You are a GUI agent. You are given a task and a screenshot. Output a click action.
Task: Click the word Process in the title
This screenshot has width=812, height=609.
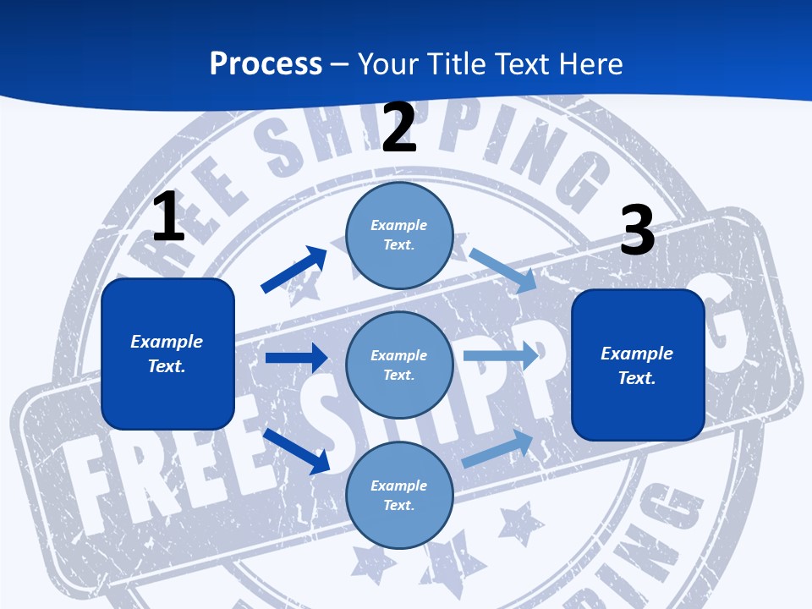point(266,64)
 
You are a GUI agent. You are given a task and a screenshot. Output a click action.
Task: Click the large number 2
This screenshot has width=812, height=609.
point(399,129)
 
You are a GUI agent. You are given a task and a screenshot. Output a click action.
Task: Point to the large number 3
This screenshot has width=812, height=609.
point(638,230)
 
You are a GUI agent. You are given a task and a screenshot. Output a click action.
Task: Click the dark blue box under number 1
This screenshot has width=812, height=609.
point(167,354)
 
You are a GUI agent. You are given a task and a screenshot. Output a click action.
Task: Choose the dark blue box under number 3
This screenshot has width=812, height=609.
point(638,365)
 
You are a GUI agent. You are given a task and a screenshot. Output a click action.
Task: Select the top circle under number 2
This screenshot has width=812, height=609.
point(399,235)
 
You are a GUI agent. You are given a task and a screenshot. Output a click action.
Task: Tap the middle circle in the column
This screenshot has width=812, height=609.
point(399,365)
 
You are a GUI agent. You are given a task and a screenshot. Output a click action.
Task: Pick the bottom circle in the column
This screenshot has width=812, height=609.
point(399,495)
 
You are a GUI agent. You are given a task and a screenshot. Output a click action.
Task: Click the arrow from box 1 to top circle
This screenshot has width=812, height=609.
point(294,270)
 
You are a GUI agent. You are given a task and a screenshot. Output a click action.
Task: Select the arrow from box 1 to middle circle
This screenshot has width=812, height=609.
point(296,358)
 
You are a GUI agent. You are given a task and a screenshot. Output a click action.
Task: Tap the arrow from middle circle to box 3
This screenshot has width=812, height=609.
point(501,355)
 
